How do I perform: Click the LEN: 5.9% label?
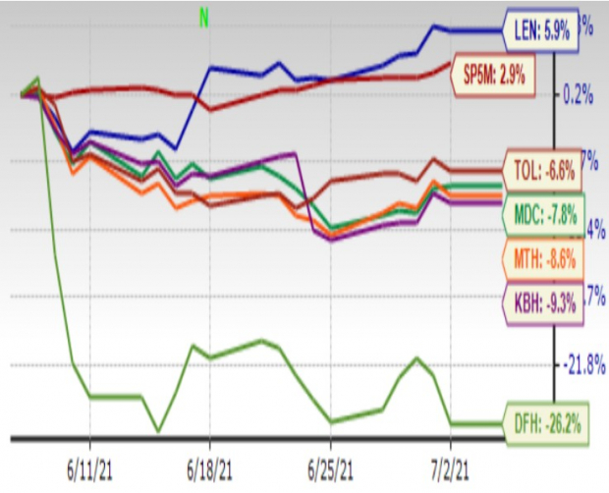[x=541, y=30]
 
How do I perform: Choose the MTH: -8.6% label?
[x=541, y=259]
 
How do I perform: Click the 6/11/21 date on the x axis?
[x=90, y=462]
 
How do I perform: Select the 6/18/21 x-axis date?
[x=210, y=462]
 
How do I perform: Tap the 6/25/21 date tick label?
[x=331, y=462]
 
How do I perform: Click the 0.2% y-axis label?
[x=579, y=95]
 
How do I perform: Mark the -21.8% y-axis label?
[x=581, y=365]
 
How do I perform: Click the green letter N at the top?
[x=204, y=18]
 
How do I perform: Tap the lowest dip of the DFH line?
[x=158, y=431]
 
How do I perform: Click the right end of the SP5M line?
[x=451, y=65]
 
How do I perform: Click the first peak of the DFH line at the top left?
[x=37, y=78]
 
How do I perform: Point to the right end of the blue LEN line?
[x=499, y=30]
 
